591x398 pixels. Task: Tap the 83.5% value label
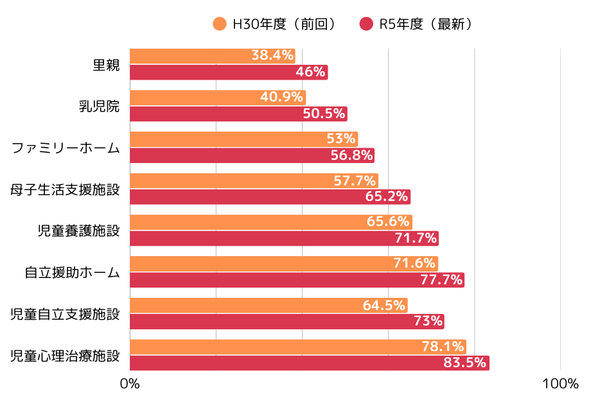coord(464,363)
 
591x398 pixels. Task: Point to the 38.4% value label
coord(272,56)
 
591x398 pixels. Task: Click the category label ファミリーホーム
coord(66,148)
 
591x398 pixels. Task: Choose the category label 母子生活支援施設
coord(65,189)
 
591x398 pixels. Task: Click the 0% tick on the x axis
coord(130,384)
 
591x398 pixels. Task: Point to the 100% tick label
coord(560,384)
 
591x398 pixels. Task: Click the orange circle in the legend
coord(220,24)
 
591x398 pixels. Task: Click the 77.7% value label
coord(441,280)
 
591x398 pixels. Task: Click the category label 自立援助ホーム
coord(72,272)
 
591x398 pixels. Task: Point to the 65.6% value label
coord(388,222)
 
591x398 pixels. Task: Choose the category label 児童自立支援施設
coord(65,314)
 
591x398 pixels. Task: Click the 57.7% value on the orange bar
coord(355,180)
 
